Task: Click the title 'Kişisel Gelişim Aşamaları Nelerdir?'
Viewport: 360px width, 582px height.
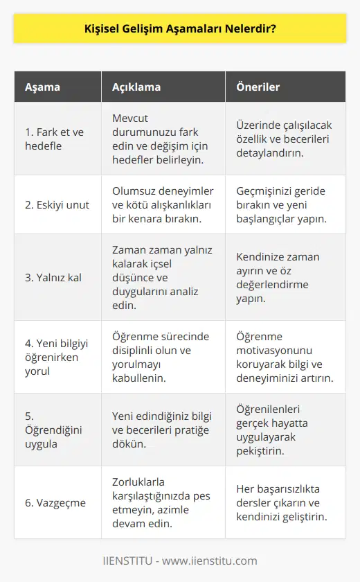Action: tap(179, 30)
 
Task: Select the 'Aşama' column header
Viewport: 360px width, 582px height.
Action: tap(42, 88)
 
